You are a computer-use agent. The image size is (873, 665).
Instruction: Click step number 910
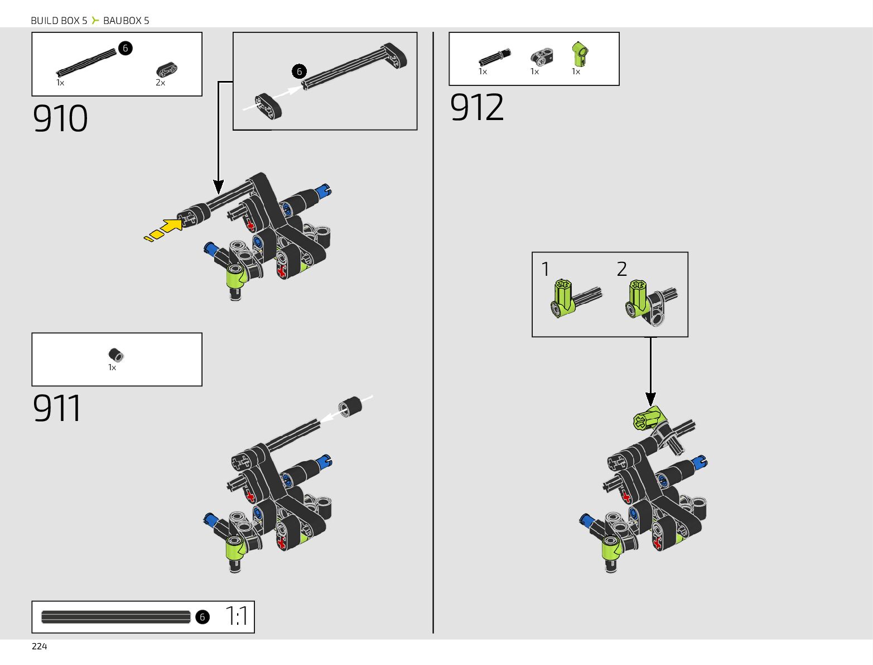click(x=60, y=118)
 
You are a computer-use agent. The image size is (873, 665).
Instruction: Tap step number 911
click(x=57, y=408)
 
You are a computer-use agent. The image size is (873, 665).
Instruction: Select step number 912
click(x=477, y=107)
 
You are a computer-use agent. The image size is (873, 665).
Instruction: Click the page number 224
click(x=40, y=647)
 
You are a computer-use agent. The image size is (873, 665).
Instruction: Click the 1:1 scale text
click(x=237, y=616)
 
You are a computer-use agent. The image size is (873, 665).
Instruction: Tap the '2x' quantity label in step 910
click(x=161, y=83)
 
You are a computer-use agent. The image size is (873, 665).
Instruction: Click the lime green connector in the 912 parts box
click(x=580, y=54)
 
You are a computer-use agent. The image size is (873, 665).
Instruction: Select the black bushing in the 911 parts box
click(x=116, y=355)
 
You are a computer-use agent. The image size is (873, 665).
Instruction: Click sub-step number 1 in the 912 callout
click(x=546, y=270)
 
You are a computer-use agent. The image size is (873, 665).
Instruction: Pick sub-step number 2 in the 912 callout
click(x=622, y=270)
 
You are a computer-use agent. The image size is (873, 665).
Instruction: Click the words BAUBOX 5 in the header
click(x=126, y=21)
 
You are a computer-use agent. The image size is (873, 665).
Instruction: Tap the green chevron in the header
click(x=95, y=21)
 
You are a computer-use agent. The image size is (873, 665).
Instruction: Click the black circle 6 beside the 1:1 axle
click(x=202, y=617)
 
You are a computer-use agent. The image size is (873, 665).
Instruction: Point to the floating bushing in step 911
click(x=350, y=406)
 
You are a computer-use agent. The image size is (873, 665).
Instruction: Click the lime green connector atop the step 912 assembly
click(x=648, y=418)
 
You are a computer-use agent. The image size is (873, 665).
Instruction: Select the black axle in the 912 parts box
click(x=494, y=58)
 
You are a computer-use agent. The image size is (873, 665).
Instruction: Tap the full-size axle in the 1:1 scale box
click(x=116, y=617)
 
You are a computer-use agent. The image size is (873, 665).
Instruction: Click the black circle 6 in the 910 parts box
click(x=126, y=48)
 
